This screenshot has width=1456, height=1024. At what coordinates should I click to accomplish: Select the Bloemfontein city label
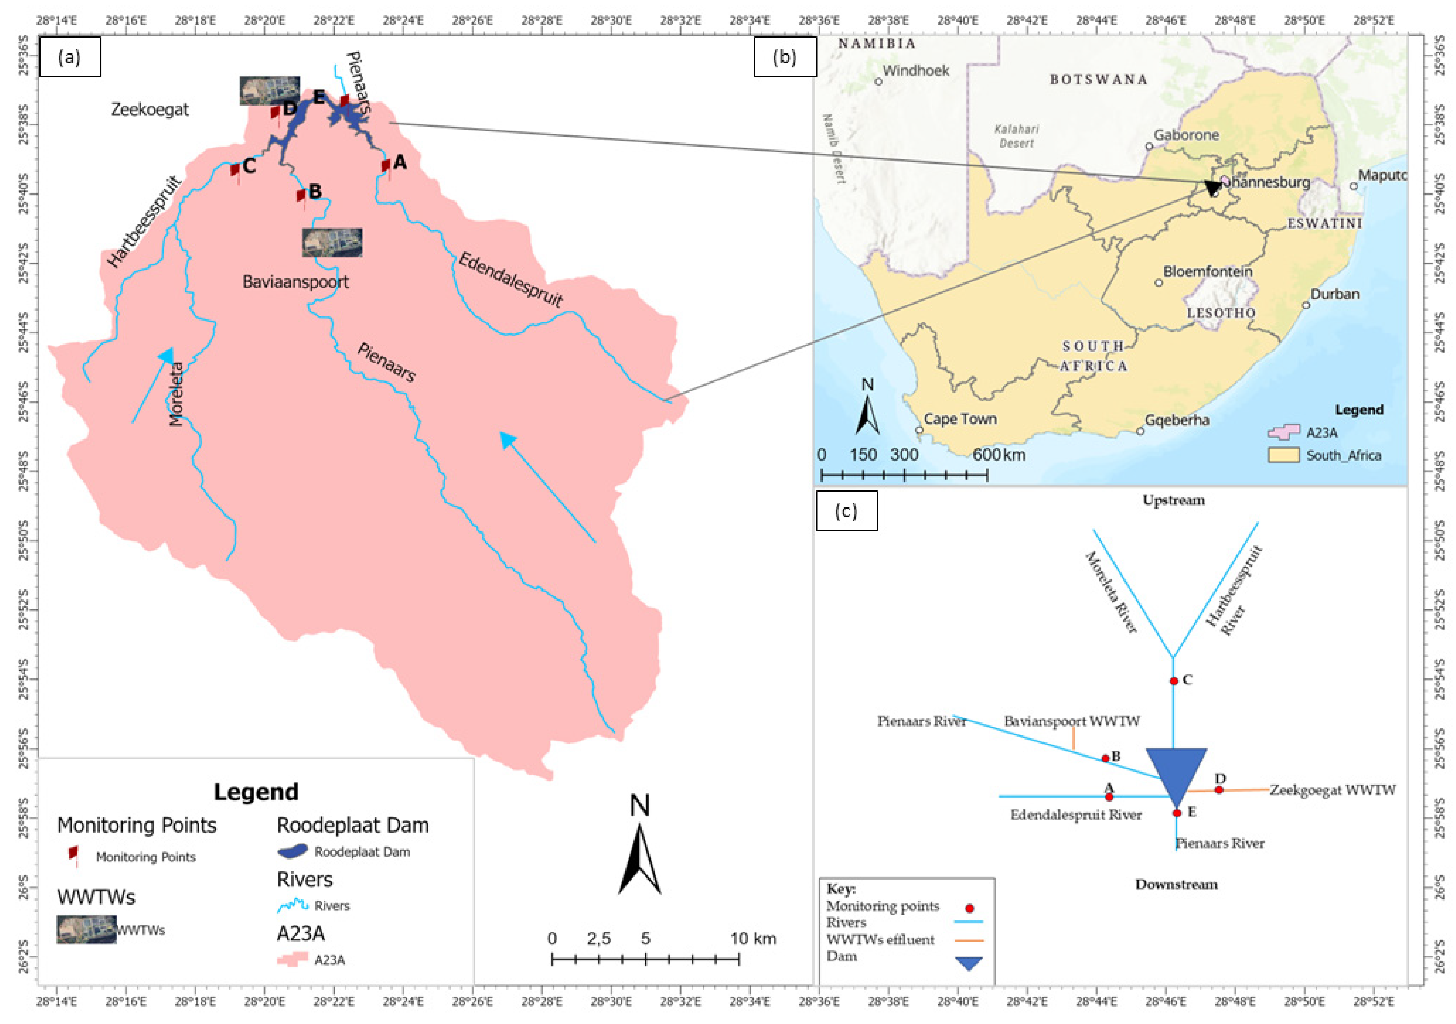(x=1208, y=271)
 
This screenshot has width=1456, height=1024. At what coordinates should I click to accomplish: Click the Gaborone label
(x=1186, y=135)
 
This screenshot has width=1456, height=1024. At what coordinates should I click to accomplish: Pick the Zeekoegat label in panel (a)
(x=150, y=110)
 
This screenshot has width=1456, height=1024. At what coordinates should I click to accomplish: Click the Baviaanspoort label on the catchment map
(x=295, y=281)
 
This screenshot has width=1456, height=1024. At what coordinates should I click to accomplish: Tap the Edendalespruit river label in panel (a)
(x=510, y=280)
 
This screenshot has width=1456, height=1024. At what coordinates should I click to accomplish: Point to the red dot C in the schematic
(x=1174, y=681)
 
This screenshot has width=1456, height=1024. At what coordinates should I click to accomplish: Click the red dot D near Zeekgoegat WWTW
(x=1219, y=790)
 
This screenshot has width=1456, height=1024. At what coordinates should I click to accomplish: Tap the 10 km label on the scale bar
(x=753, y=939)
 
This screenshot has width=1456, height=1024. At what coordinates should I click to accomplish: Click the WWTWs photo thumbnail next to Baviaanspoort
(x=332, y=242)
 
